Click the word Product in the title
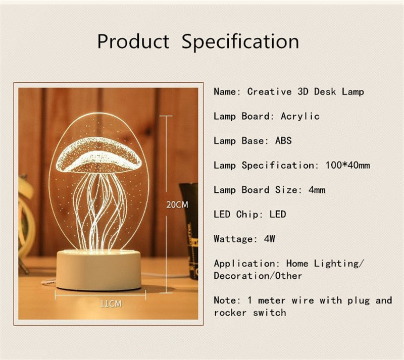[133, 41]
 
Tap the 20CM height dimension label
[177, 205]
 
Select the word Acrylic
[300, 116]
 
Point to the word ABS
[283, 140]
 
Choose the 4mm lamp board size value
[317, 190]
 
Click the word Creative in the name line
[269, 92]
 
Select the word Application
[244, 264]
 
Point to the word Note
[224, 300]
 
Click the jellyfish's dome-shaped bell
[98, 155]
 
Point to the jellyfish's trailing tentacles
[100, 212]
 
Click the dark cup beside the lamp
[190, 227]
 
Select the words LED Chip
[235, 215]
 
